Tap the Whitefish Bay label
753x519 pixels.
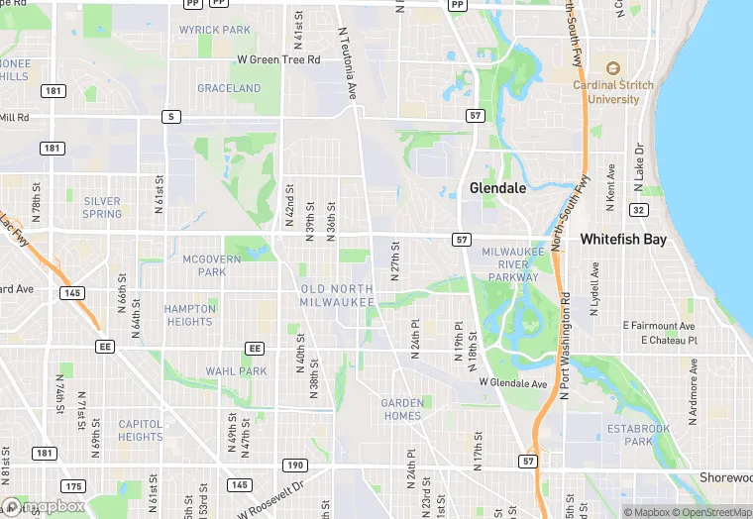point(622,239)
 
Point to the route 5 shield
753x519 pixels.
point(172,117)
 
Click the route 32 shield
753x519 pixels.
point(639,210)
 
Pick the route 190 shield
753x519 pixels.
point(295,465)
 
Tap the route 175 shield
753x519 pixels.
point(71,485)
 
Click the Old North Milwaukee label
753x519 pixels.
point(337,295)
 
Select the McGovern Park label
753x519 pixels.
point(212,265)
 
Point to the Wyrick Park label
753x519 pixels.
point(215,30)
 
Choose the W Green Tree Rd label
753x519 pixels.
point(279,59)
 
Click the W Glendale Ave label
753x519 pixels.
point(512,382)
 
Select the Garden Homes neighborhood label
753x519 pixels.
point(402,409)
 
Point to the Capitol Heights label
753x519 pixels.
point(141,430)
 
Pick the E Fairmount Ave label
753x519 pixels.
point(660,326)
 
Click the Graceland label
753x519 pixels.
point(229,88)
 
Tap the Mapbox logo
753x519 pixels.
point(44,506)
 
